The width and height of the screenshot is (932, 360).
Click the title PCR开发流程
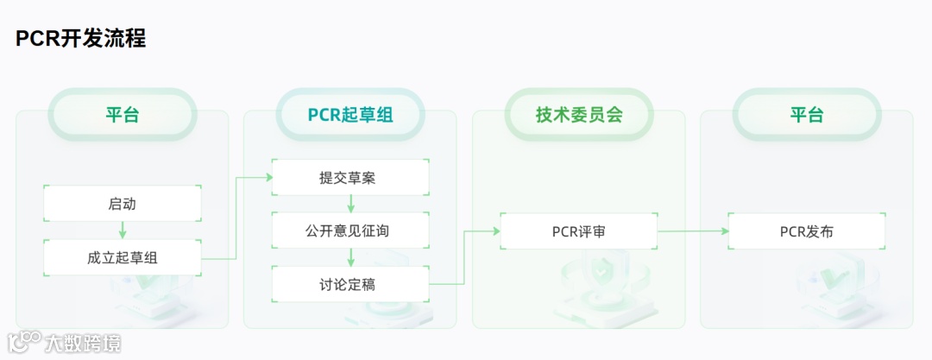[80, 39]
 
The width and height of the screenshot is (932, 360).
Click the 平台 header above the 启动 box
[123, 115]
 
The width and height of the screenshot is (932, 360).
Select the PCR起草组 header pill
[350, 115]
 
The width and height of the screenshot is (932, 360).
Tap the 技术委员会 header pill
[578, 115]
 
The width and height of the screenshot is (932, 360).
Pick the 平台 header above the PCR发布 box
[807, 115]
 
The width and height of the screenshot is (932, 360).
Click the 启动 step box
[123, 204]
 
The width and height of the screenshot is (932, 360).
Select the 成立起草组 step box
[123, 257]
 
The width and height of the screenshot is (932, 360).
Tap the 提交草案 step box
[350, 178]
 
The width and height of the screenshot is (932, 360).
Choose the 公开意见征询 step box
[350, 231]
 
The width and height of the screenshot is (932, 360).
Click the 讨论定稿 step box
[350, 284]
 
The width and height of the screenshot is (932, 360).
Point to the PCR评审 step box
[578, 231]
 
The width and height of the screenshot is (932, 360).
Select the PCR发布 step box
[807, 231]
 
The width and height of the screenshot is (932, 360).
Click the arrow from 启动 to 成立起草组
[123, 231]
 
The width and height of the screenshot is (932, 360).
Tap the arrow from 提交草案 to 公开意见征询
[350, 205]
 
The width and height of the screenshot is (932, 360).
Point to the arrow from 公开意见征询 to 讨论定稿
[350, 257]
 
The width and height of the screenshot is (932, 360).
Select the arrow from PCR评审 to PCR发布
[692, 231]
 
